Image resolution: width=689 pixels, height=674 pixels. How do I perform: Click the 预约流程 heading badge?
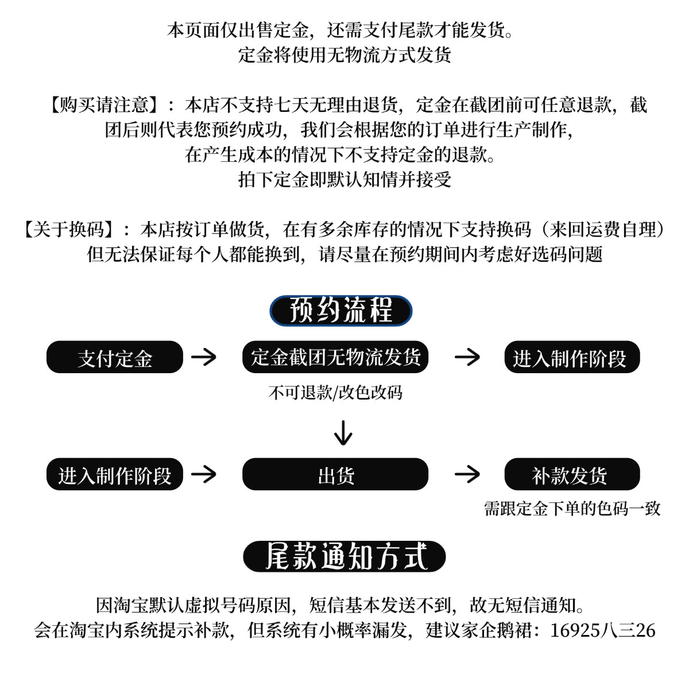point(341,311)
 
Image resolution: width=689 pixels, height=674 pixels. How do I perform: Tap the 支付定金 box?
point(114,358)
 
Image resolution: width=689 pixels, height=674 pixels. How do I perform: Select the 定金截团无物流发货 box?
point(335,357)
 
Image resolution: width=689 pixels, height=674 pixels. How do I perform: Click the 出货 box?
point(335,475)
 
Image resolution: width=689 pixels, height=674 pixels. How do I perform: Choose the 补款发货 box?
point(571,475)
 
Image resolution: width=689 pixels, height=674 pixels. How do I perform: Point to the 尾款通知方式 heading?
point(344,556)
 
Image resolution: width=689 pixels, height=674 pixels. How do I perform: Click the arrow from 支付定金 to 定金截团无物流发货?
point(204,357)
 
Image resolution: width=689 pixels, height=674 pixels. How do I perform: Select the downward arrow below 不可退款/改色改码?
point(343,433)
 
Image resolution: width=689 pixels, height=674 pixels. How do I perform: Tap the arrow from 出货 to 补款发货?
point(467,474)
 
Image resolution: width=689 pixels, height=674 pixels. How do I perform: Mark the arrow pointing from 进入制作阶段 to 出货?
point(204,474)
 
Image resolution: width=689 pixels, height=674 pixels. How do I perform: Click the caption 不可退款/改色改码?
point(335,393)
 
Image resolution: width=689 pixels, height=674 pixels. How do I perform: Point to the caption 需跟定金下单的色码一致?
point(572,509)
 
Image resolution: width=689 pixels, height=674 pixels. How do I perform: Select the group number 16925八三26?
point(602,630)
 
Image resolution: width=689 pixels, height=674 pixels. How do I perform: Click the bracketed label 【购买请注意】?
point(103,105)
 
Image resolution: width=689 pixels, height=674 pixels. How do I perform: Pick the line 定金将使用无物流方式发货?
point(344,55)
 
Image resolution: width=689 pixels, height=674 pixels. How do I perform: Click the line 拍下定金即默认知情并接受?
point(344,180)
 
